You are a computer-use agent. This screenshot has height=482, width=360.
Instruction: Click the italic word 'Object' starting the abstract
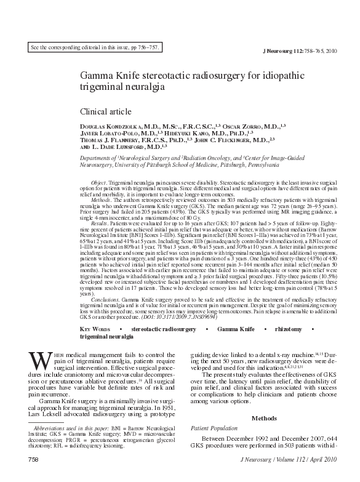coord(98,183)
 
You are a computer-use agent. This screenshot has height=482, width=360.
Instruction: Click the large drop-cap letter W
coord(39,358)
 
